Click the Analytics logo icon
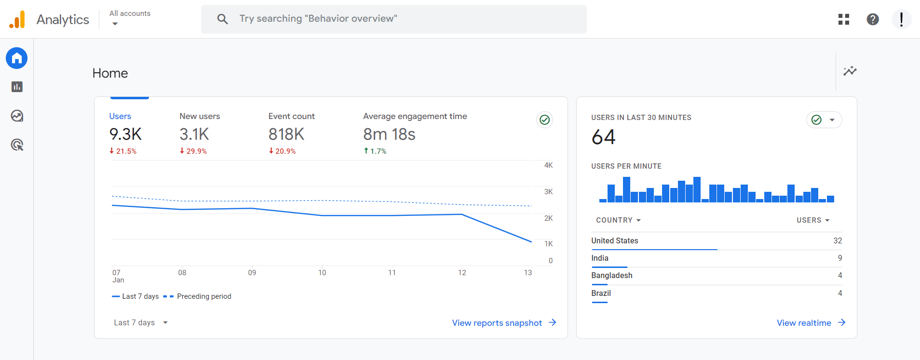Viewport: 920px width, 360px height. click(x=17, y=19)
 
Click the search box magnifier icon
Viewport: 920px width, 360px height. click(x=222, y=19)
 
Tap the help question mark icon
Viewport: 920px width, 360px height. click(x=872, y=19)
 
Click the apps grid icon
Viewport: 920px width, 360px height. click(x=843, y=19)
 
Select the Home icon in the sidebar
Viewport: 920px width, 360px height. click(x=17, y=58)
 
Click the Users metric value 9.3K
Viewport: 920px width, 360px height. click(x=125, y=134)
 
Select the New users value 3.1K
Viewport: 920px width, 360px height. click(x=194, y=134)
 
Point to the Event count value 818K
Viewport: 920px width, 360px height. click(x=286, y=134)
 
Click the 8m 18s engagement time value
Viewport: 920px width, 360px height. click(x=389, y=134)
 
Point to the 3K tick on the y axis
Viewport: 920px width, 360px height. click(x=548, y=192)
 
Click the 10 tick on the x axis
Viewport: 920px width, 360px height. click(x=322, y=273)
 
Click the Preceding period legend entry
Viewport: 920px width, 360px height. click(x=203, y=296)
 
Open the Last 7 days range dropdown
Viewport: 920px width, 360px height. click(x=140, y=322)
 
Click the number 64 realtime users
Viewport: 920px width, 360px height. click(x=603, y=137)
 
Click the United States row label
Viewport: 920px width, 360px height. click(x=615, y=240)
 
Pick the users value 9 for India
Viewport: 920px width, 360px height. click(x=839, y=258)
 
